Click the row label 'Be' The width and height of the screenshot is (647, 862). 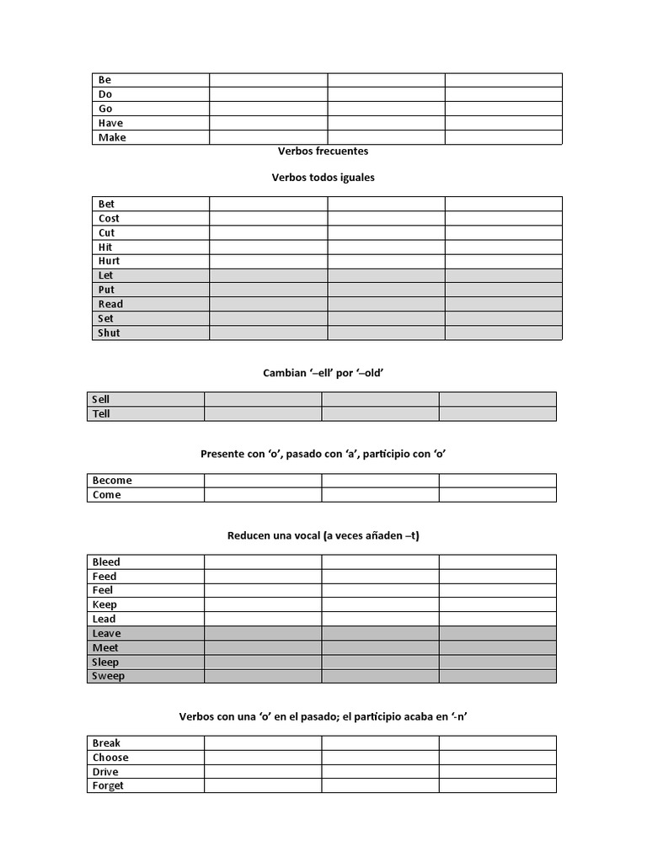coord(105,80)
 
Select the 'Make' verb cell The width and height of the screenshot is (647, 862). coord(112,137)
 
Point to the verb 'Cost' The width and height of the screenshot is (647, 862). coord(109,218)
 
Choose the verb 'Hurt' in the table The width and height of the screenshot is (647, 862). coord(109,261)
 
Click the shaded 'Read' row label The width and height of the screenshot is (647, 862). coord(110,304)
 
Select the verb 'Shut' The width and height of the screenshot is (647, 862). coord(109,333)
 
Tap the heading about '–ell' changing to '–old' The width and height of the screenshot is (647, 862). coord(323,373)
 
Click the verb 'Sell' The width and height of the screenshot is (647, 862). coord(101,399)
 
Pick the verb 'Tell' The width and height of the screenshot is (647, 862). coord(101,413)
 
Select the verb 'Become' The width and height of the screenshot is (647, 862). coord(112,481)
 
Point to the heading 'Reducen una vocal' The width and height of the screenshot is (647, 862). coord(323,535)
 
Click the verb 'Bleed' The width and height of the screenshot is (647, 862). coord(106,561)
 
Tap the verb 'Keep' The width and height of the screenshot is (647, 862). coord(104,604)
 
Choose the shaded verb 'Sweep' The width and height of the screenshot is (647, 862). coord(108,676)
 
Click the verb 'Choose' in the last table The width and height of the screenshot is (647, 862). coord(110,758)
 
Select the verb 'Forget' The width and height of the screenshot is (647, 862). coord(108,786)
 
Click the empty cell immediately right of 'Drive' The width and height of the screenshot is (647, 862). coord(262,772)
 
